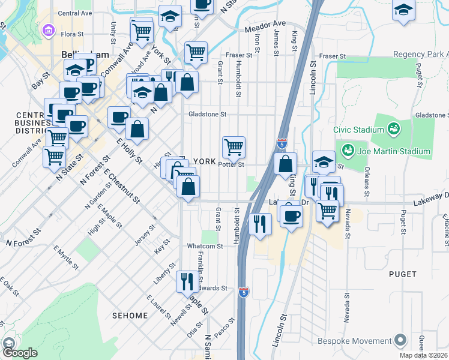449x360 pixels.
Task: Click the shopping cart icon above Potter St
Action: (x=234, y=146)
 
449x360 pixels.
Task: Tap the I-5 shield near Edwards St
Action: (x=243, y=292)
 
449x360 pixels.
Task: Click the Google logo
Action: (x=20, y=353)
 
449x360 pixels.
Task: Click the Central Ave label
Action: (x=75, y=13)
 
